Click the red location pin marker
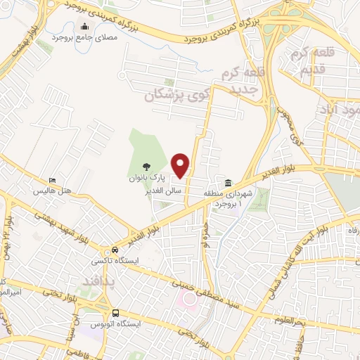click(181, 165)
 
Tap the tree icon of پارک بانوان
click(146, 167)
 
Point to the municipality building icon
click(229, 181)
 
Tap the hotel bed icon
click(51, 180)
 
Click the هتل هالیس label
click(47, 191)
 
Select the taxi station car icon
click(114, 250)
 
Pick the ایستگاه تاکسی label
click(106, 261)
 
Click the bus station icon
click(115, 312)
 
